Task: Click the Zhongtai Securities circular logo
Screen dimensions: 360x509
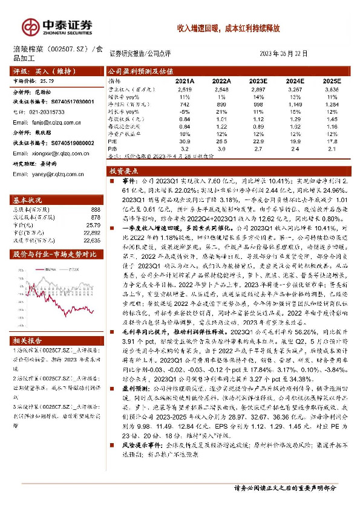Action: click(30, 26)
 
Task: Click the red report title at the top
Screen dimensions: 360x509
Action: click(228, 28)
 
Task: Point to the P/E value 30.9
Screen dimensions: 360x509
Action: click(185, 140)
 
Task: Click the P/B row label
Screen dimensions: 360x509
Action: click(113, 148)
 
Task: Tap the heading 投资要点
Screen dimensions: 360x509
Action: click(129, 172)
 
